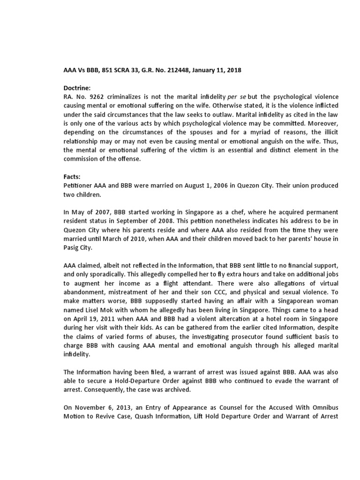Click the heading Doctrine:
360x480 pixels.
[78, 88]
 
